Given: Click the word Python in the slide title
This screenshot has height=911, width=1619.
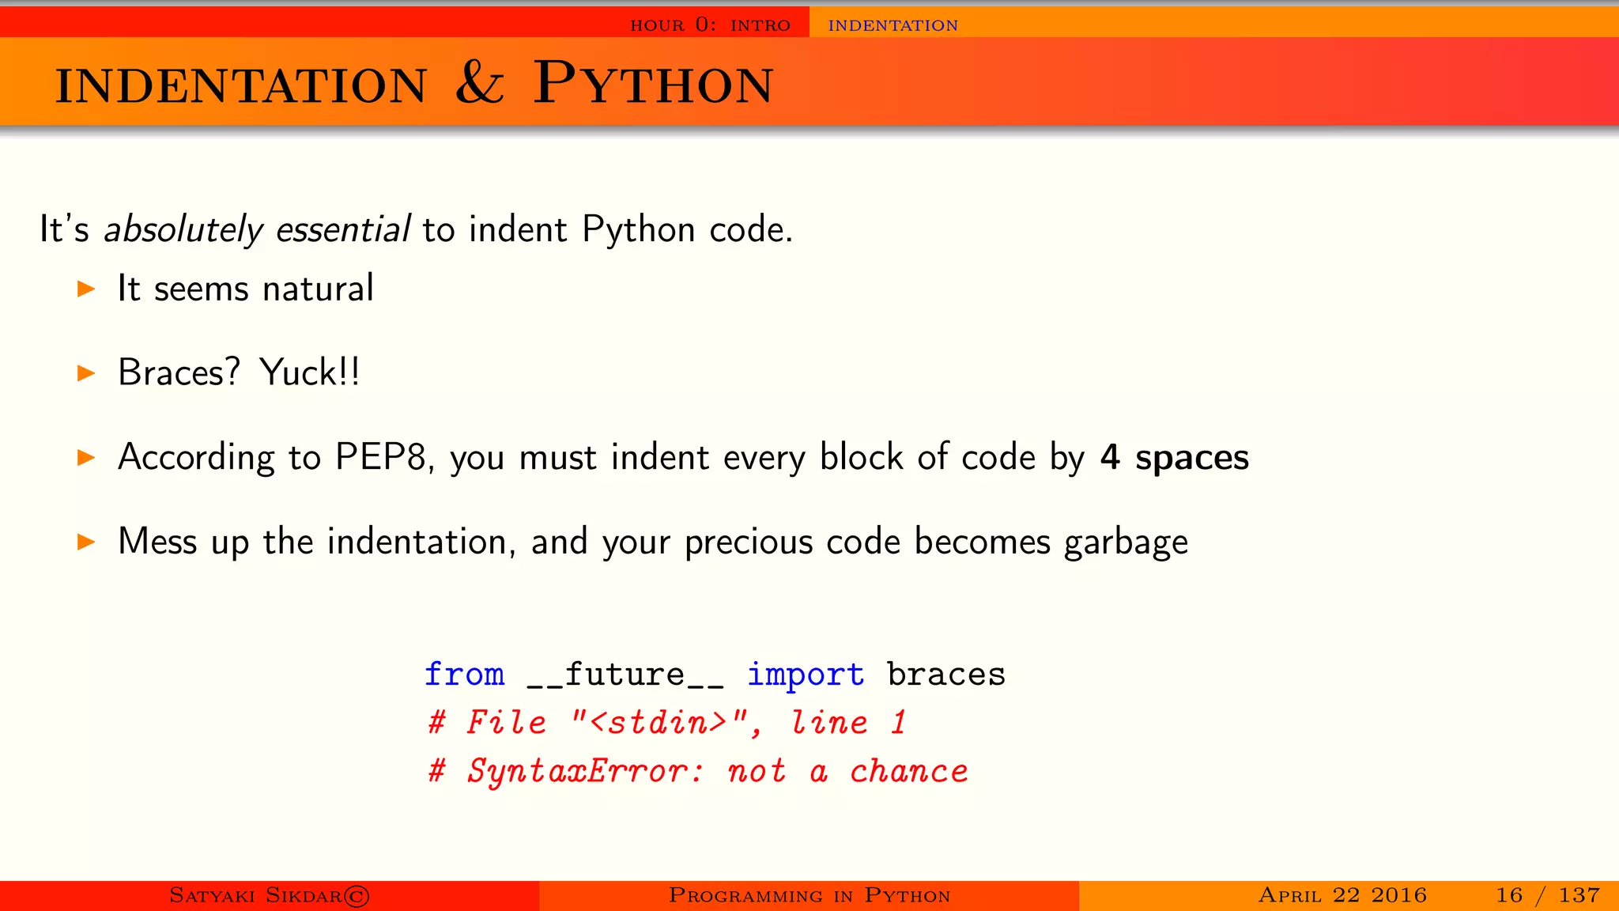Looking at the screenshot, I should [653, 84].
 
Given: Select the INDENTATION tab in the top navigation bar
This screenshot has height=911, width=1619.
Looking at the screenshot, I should [893, 25].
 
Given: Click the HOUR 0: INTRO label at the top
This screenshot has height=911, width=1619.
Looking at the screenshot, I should [710, 25].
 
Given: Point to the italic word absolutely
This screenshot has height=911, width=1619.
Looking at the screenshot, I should [183, 230].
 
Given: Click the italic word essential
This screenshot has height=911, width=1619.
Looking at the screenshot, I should [343, 230].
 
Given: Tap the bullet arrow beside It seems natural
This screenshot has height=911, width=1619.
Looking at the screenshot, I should [86, 289].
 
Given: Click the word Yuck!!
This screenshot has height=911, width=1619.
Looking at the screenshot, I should [310, 372].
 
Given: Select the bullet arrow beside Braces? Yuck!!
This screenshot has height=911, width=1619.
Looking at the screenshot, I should [86, 373].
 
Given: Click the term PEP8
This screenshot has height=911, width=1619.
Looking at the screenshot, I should [381, 457].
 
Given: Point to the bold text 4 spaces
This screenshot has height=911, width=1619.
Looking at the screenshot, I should [1175, 458].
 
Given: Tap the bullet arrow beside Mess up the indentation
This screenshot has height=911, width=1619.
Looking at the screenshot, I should [86, 542].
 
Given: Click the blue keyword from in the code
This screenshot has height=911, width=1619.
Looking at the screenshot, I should [465, 675].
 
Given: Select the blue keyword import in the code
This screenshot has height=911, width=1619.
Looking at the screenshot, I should [806, 675].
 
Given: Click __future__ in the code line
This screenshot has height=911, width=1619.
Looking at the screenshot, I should [625, 675].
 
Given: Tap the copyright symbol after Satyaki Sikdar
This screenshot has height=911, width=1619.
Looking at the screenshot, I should [357, 896].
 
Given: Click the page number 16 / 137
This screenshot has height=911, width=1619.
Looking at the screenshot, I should [1547, 895].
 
